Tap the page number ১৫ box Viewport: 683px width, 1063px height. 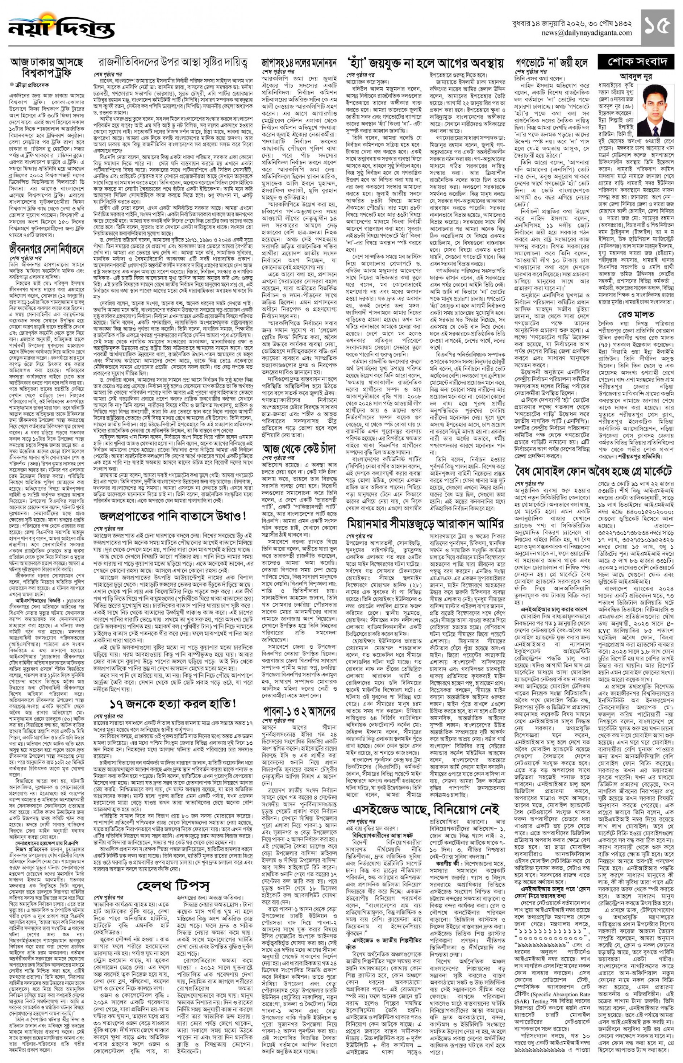tap(659, 26)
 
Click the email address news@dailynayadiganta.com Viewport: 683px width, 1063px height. tap(586, 33)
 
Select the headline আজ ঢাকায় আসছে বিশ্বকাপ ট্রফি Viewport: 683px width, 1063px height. tap(47, 67)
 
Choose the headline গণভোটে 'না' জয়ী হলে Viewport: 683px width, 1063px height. tap(552, 63)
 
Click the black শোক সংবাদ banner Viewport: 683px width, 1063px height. tap(636, 62)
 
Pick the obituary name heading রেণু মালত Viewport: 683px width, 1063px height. tap(636, 314)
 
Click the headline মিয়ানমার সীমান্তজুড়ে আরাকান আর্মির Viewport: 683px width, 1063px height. tap(425, 523)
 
